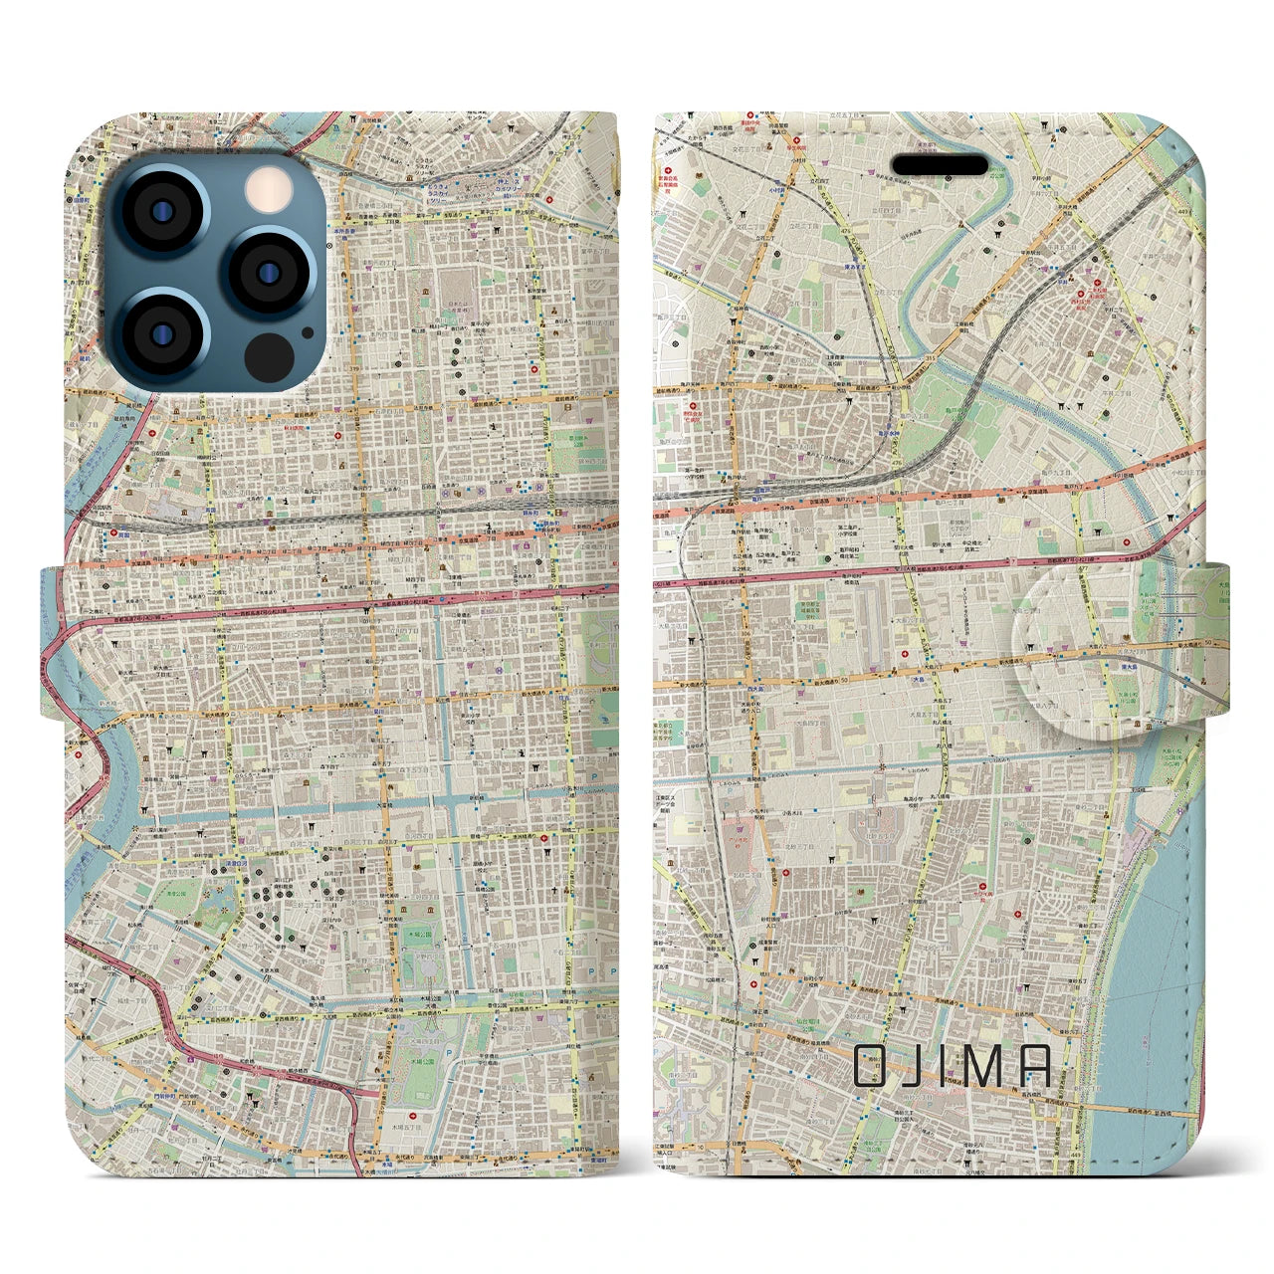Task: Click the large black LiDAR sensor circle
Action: [268, 354]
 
